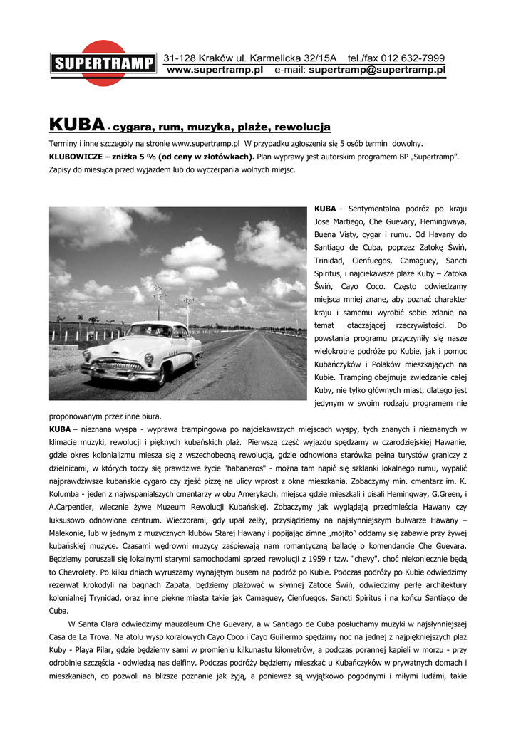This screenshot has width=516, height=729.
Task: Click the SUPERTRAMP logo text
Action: [x=103, y=64]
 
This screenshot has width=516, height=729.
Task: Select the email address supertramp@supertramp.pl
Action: [x=377, y=70]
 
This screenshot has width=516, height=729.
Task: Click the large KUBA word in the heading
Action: [x=77, y=125]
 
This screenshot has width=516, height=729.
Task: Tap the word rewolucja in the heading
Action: [x=303, y=127]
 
